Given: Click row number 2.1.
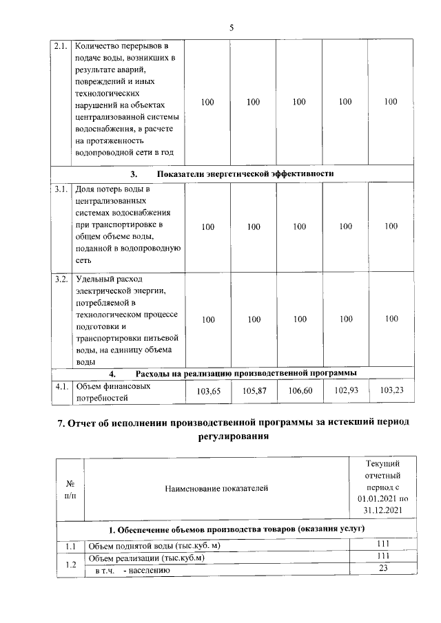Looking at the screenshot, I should (x=61, y=47).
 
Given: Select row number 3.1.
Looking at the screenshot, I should (x=61, y=189).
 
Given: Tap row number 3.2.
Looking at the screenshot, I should (x=61, y=279).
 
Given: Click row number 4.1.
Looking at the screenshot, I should (x=61, y=386).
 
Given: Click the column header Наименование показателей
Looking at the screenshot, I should (x=216, y=488).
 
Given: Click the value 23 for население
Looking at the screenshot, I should (x=383, y=569).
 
